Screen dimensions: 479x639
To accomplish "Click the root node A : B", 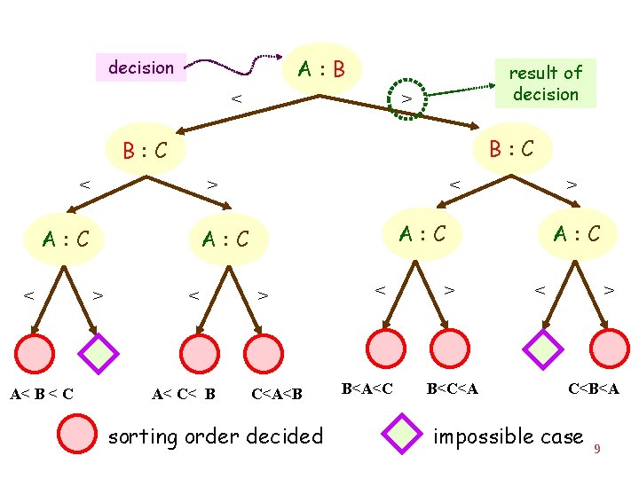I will pos(320,67).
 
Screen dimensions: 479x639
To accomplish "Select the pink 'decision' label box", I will pos(140,67).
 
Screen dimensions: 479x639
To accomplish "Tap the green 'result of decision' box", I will pos(545,83).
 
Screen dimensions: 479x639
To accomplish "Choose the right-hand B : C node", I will pos(509,146).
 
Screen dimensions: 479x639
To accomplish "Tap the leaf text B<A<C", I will pos(367,387).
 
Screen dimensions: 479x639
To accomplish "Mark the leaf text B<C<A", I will pos(453,387).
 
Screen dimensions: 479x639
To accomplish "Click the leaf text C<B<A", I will pos(594,387).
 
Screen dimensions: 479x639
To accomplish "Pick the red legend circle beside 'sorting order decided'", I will pos(76,435).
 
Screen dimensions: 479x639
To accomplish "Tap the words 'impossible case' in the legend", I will pos(508,436).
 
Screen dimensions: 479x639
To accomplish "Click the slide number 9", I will pos(597,449).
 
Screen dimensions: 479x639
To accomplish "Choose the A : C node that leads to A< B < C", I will pos(68,237).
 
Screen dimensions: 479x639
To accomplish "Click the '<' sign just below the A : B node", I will pos(236,99).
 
